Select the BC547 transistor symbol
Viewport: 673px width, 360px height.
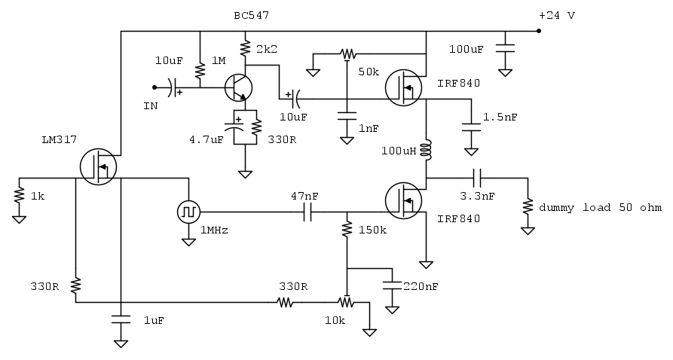(239, 87)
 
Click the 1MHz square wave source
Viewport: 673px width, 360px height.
(187, 212)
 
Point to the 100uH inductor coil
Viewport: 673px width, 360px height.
(426, 149)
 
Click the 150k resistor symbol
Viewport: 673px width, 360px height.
(347, 228)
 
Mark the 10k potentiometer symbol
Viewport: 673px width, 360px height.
(347, 303)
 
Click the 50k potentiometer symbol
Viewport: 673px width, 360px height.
(347, 54)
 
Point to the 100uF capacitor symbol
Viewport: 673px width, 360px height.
(506, 47)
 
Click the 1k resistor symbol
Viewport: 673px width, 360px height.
(18, 196)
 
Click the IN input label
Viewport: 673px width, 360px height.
(151, 106)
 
